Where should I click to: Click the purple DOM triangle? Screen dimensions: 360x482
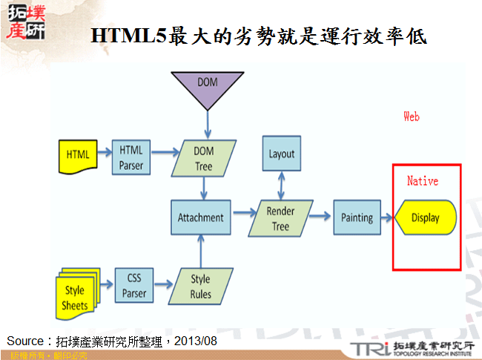click(208, 86)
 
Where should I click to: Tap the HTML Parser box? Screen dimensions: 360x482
click(131, 157)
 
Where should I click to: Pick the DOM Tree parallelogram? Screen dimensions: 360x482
click(203, 157)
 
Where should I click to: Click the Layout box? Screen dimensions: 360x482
click(281, 154)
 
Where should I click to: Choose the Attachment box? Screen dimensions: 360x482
click(200, 217)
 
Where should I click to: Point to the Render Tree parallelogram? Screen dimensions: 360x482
click(280, 218)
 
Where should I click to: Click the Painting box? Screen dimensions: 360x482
click(357, 217)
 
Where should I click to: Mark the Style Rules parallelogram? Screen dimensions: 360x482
click(200, 286)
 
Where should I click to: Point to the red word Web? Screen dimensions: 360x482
click(412, 117)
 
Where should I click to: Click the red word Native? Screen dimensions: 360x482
click(423, 180)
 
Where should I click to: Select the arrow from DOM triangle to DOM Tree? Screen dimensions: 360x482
click(208, 123)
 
